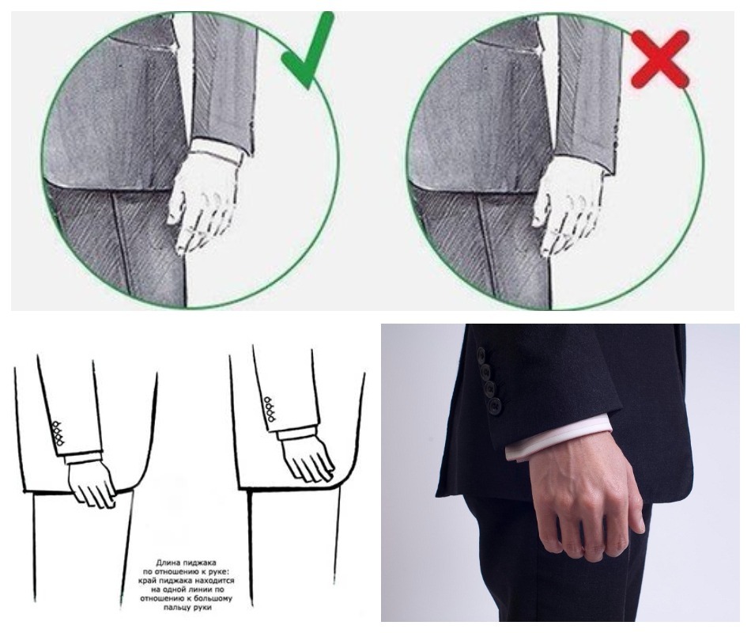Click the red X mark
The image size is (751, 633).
(x=660, y=59)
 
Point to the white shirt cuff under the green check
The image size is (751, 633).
(x=216, y=150)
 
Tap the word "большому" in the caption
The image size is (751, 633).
(x=213, y=599)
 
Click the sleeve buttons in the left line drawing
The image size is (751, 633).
(x=58, y=434)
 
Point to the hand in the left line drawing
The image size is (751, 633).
(x=92, y=483)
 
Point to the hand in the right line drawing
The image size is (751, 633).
(x=307, y=458)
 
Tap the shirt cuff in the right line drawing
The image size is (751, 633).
(x=297, y=434)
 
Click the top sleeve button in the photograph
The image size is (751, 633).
(x=481, y=355)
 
